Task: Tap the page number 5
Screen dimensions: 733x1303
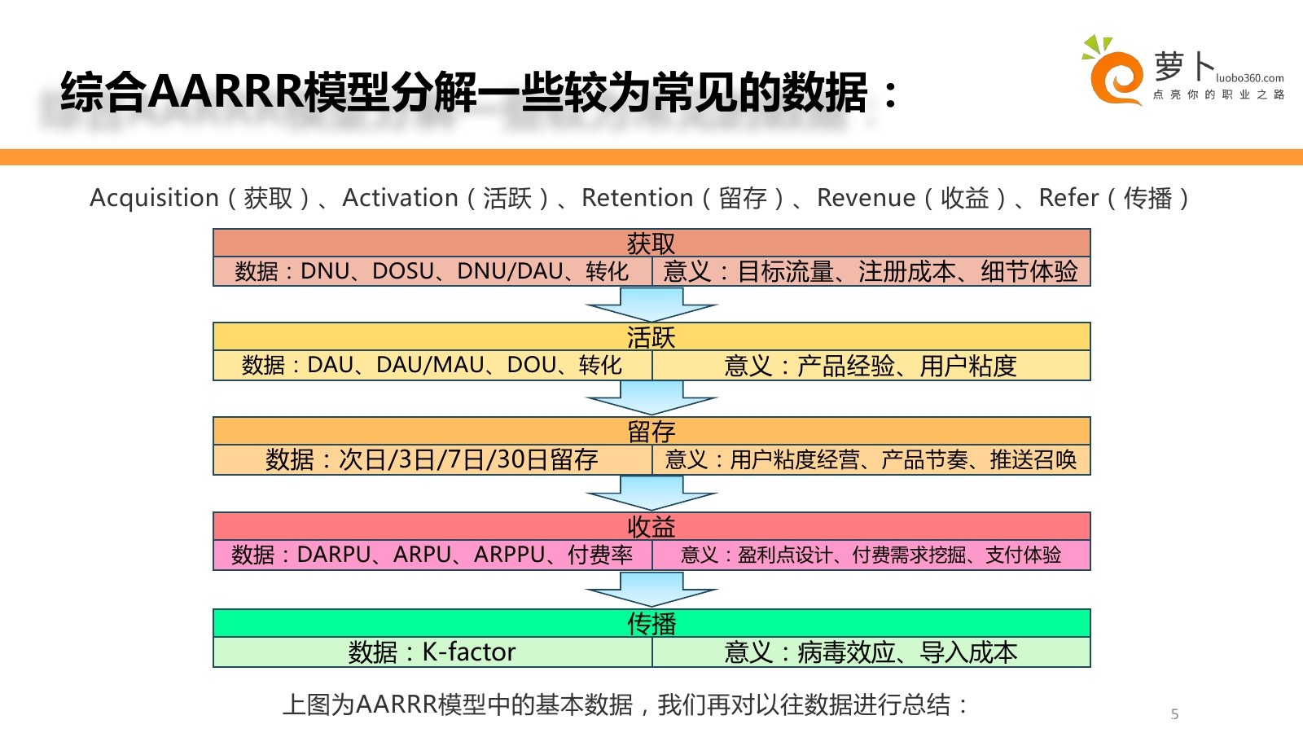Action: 1174,714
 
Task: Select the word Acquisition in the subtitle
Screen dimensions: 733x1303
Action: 155,198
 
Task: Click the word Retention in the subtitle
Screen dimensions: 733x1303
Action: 637,198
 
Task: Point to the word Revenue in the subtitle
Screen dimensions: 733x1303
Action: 866,198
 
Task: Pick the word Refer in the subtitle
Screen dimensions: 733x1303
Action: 1068,198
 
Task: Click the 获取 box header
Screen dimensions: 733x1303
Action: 651,243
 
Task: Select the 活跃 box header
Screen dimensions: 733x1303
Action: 651,336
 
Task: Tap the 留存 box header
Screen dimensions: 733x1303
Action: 651,431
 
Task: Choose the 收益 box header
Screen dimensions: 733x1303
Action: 651,526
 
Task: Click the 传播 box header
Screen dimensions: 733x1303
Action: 651,623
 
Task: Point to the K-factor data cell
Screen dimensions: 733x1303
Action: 432,652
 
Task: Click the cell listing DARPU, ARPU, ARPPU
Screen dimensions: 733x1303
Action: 432,555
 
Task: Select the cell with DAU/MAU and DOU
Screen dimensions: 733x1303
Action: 432,365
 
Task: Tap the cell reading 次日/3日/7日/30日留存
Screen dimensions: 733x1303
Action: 432,459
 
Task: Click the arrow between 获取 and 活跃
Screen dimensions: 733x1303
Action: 651,304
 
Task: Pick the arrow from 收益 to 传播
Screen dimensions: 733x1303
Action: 651,588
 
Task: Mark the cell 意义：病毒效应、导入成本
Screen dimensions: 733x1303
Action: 871,652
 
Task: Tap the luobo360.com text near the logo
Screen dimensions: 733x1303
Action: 1249,78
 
